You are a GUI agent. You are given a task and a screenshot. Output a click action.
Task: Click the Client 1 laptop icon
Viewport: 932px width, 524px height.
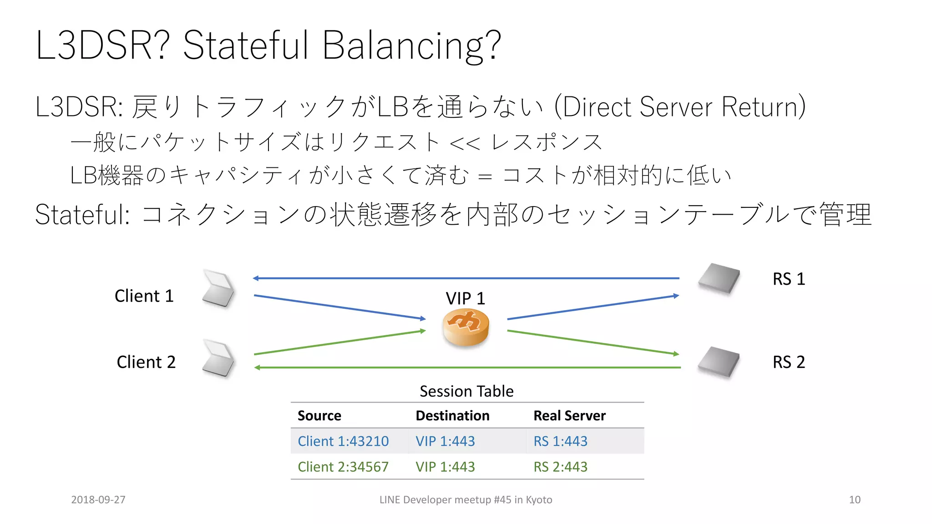[x=218, y=288]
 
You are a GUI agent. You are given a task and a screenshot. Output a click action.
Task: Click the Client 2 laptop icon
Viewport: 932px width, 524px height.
[x=218, y=358]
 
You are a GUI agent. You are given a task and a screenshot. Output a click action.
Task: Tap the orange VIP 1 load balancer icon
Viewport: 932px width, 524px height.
[x=466, y=327]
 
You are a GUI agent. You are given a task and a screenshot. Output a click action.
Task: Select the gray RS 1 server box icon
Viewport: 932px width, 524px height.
[x=719, y=278]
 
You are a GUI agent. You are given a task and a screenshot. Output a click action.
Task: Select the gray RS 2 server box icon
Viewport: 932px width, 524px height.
[x=719, y=362]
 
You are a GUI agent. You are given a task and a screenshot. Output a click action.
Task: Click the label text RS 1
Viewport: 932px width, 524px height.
[x=789, y=279]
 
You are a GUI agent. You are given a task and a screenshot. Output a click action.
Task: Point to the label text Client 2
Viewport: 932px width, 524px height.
[x=146, y=362]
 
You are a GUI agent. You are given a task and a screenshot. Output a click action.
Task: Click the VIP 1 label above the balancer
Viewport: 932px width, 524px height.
[x=465, y=298]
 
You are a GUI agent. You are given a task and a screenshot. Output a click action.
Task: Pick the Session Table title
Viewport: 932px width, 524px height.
[x=466, y=391]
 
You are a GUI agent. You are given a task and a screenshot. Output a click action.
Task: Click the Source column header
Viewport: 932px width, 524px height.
[x=319, y=416]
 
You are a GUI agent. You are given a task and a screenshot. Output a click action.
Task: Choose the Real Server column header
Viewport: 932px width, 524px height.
[x=569, y=416]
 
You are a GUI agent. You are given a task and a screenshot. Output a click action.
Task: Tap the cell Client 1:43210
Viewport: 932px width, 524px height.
[x=343, y=441]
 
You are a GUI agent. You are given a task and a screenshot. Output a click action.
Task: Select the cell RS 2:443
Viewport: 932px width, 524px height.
[x=560, y=467]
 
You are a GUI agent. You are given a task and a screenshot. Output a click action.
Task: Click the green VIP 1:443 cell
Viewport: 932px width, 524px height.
[x=445, y=467]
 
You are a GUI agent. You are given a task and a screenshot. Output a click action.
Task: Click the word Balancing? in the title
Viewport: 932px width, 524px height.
[x=411, y=45]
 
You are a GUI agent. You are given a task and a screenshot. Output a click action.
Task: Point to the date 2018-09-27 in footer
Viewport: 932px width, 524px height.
[x=98, y=499]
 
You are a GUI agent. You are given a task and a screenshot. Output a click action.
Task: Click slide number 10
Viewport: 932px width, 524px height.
[x=855, y=499]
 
